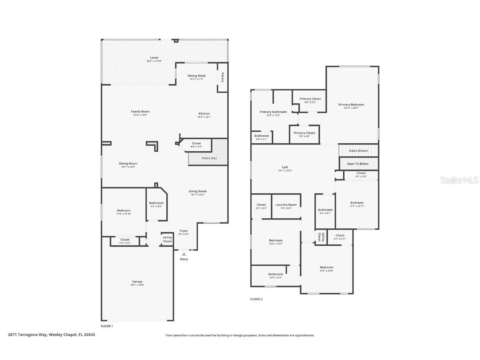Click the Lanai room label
154,57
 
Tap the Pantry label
222,77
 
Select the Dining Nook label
196,76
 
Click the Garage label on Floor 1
137,282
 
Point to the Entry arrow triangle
184,254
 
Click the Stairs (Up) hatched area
208,158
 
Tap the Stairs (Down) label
358,150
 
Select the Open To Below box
358,164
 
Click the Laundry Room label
286,205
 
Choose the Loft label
285,167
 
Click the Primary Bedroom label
351,105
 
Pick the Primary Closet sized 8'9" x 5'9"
310,99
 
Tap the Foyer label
184,231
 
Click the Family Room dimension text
140,115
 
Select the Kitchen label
204,113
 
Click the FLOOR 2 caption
256,299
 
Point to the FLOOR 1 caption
107,326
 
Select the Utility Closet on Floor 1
167,239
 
